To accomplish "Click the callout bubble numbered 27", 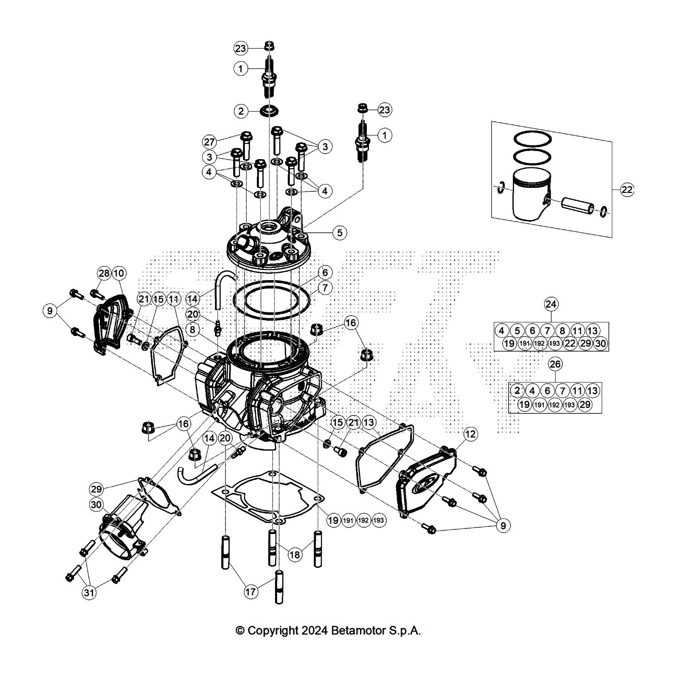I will tap(210, 142).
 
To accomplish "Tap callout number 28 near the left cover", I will tap(104, 273).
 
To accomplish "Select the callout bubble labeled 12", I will tap(471, 434).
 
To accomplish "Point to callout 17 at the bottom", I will tap(251, 591).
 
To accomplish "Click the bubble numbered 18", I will tap(294, 554).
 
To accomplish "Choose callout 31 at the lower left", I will tap(89, 593).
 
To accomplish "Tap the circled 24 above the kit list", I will tap(551, 304).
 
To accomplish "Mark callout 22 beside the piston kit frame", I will tap(627, 190).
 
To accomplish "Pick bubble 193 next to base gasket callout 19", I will tap(378, 520).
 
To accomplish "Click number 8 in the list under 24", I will tap(562, 330).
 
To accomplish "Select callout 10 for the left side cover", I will tap(119, 273).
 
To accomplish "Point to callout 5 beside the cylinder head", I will tap(339, 232).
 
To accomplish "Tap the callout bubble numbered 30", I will tap(96, 504).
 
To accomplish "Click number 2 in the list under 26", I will tap(517, 390).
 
